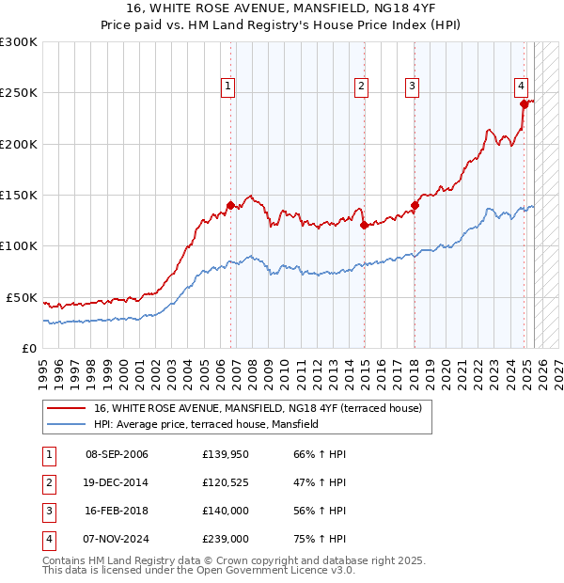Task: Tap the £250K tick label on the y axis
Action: tap(19, 93)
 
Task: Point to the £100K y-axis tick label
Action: tap(19, 246)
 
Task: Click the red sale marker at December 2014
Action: tap(363, 225)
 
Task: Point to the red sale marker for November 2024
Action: tap(524, 104)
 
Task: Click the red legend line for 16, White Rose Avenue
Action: tap(66, 409)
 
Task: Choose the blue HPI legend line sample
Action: tap(66, 424)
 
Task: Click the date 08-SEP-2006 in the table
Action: tap(117, 454)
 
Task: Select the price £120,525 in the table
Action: tap(226, 482)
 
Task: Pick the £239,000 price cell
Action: tap(226, 539)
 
